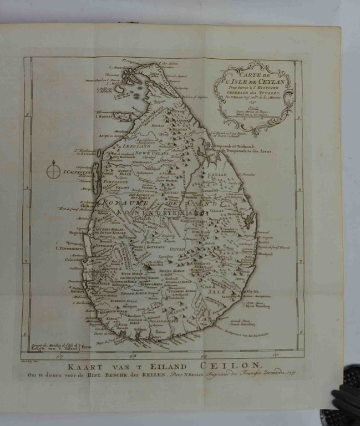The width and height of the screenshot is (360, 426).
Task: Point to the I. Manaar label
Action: pyautogui.click(x=88, y=116)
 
